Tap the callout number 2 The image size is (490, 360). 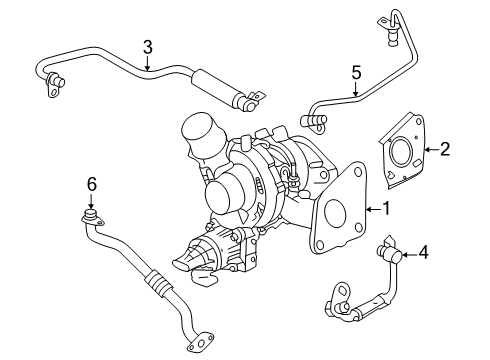pyautogui.click(x=445, y=150)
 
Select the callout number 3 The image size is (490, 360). pyautogui.click(x=147, y=46)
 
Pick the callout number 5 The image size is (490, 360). pyautogui.click(x=355, y=72)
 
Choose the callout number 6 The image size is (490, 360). pyautogui.click(x=91, y=183)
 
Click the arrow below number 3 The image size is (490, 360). pyautogui.click(x=147, y=64)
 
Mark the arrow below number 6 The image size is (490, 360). pyautogui.click(x=91, y=201)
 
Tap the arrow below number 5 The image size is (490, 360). pyautogui.click(x=355, y=90)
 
